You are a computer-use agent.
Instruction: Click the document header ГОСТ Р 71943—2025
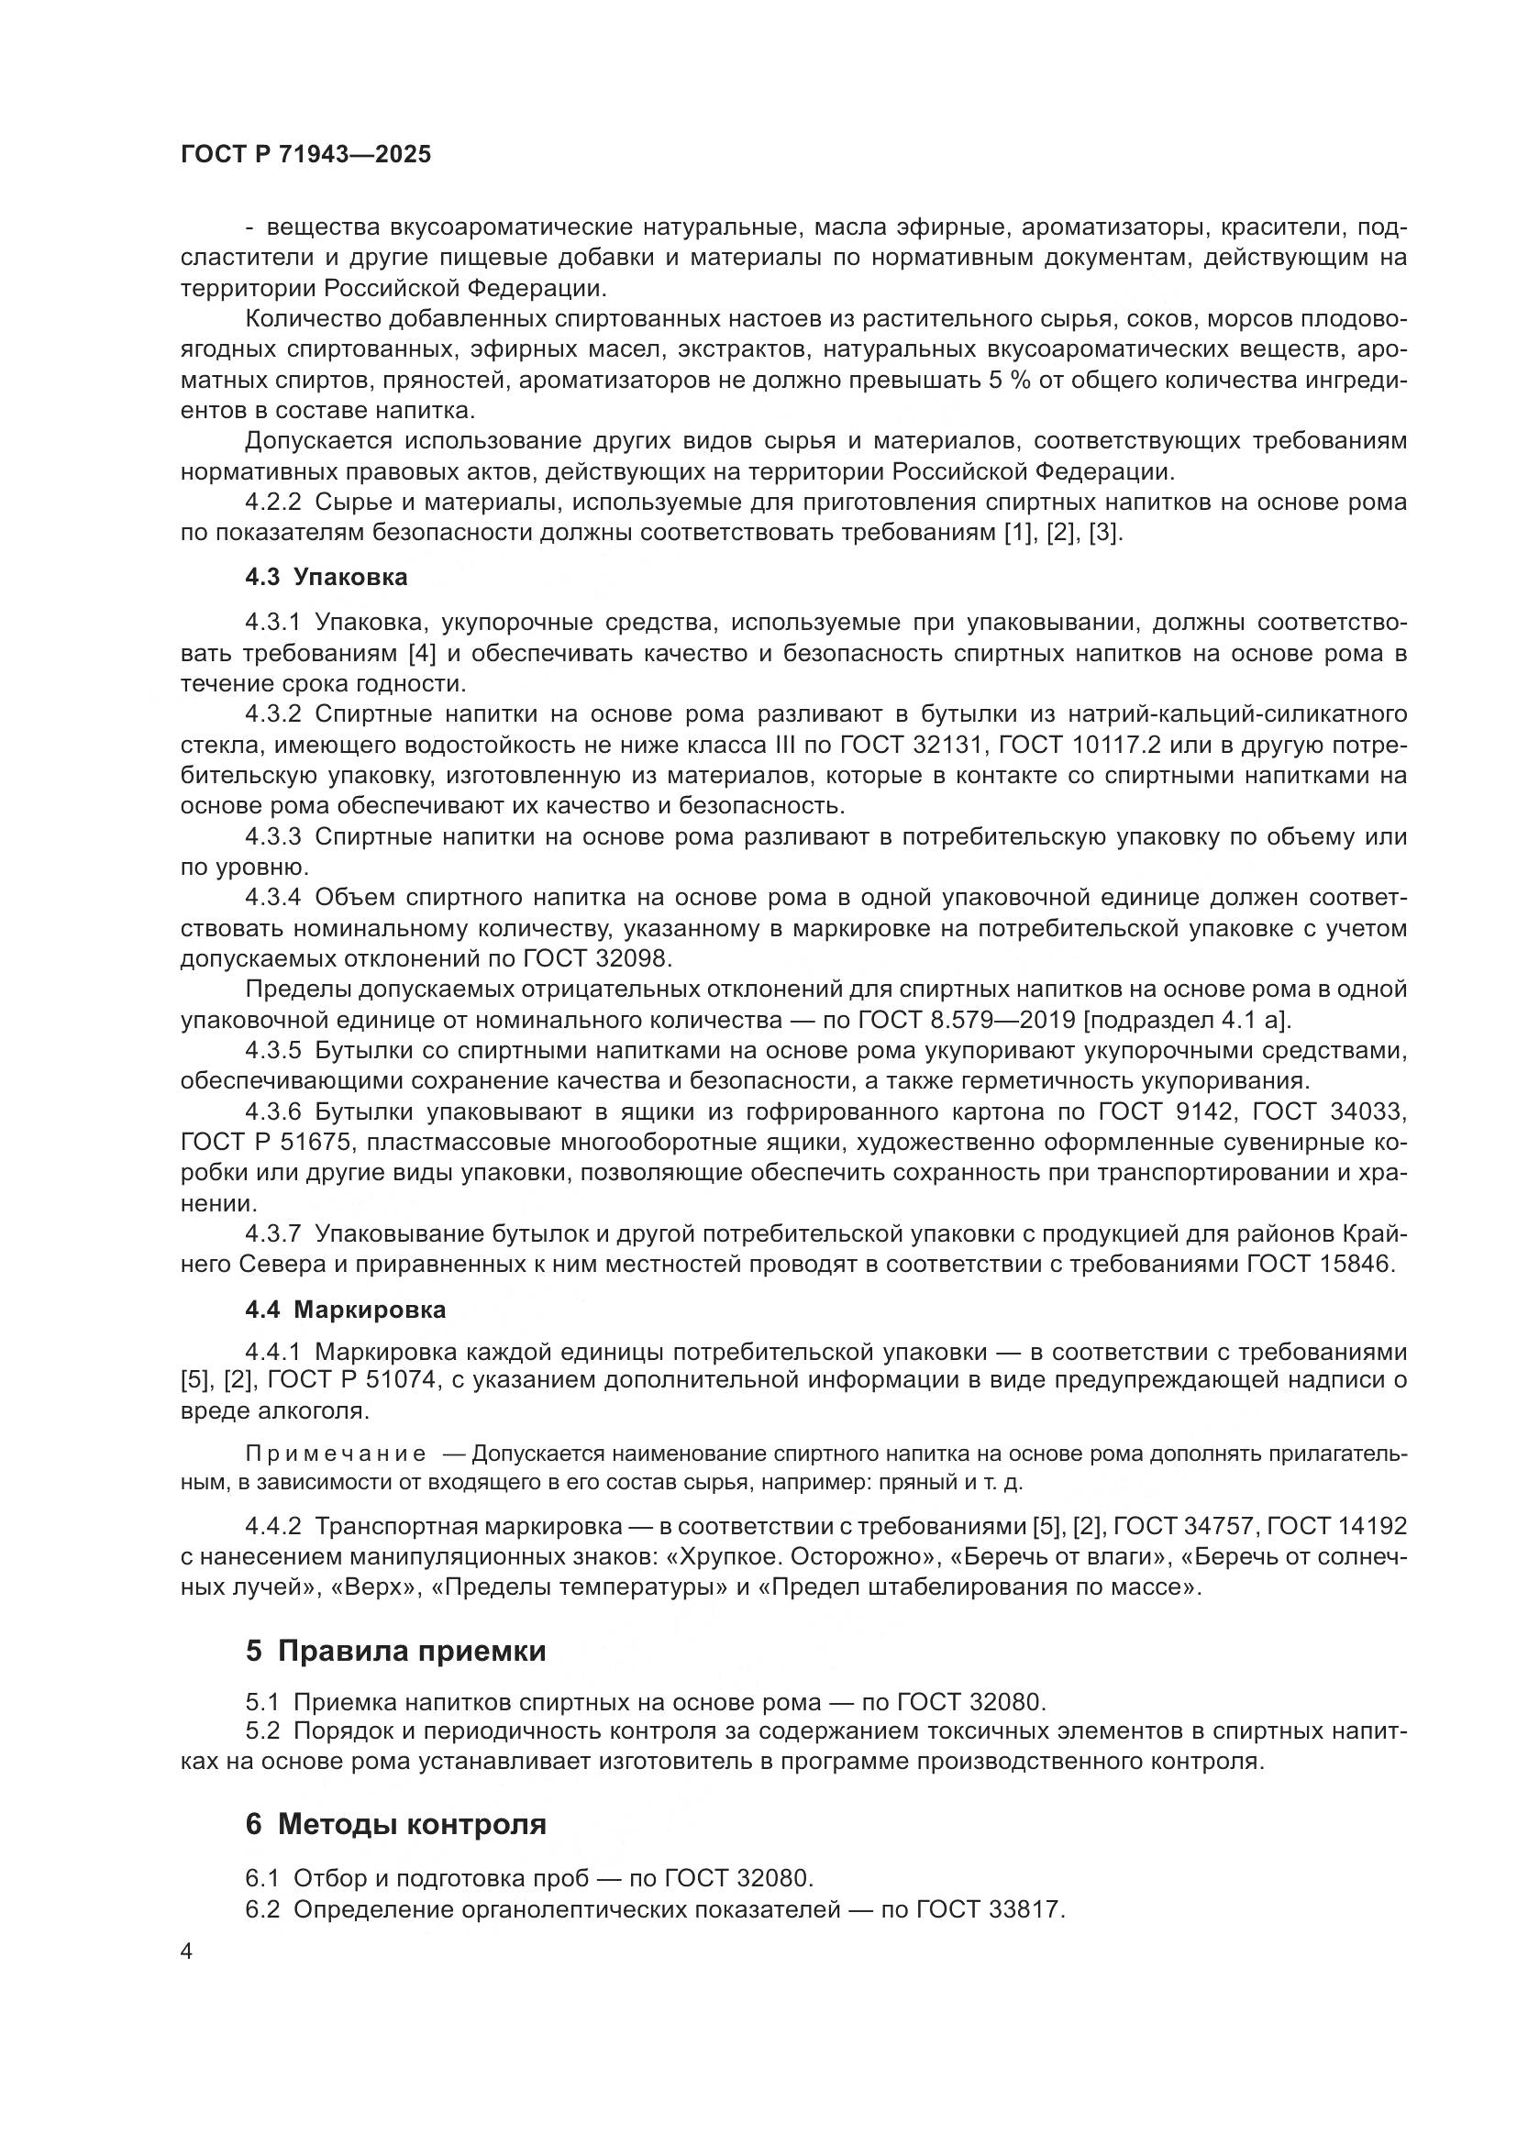[x=305, y=155]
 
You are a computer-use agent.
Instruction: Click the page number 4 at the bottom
[x=186, y=1952]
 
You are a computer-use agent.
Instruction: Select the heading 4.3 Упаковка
[x=326, y=578]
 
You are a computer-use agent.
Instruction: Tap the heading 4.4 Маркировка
[x=345, y=1310]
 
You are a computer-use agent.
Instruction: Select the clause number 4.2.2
[x=272, y=503]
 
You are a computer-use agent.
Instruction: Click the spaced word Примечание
[x=336, y=1454]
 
